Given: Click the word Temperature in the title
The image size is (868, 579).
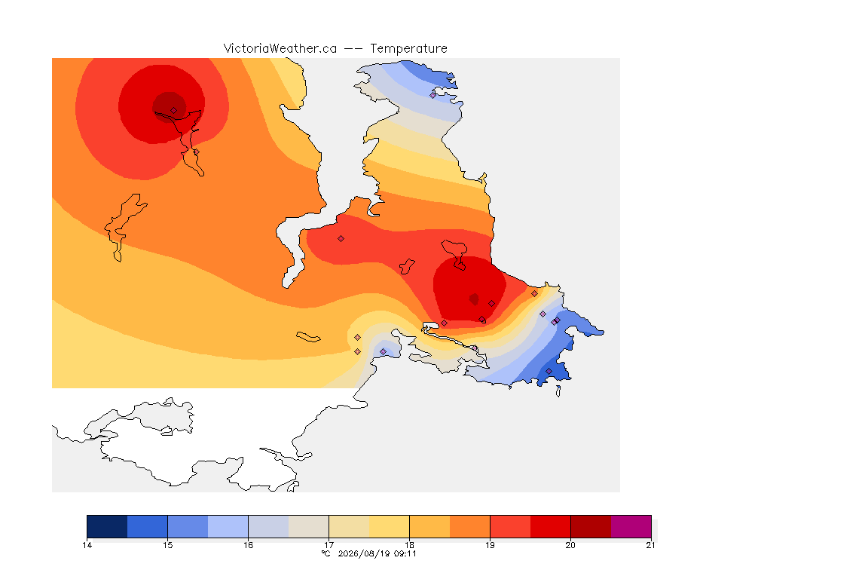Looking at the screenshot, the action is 408,49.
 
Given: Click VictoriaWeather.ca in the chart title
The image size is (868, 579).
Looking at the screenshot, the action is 280,49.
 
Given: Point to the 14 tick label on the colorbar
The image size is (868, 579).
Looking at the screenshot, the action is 87,545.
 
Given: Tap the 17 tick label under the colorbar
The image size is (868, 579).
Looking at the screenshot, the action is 329,545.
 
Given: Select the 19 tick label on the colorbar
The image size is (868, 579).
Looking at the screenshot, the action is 490,545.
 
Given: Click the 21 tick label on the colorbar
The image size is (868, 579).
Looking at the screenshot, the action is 650,545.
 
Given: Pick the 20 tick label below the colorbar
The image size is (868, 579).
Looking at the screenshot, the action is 570,545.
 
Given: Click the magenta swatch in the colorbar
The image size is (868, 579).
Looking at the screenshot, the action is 631,526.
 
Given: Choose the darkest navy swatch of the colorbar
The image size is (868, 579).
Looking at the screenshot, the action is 108,526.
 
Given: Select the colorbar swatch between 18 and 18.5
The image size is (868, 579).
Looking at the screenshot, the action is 429,526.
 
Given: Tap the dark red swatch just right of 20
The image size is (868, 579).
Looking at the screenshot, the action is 591,526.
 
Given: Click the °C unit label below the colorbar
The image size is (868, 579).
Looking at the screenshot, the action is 325,553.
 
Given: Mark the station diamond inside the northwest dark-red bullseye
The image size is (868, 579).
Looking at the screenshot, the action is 174,111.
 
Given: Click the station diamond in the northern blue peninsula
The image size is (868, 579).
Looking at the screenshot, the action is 433,95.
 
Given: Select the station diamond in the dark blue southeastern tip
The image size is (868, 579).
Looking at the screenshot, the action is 549,371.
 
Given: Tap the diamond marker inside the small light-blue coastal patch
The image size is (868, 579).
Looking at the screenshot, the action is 383,352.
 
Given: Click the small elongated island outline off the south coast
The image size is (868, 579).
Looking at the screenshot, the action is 308,337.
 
